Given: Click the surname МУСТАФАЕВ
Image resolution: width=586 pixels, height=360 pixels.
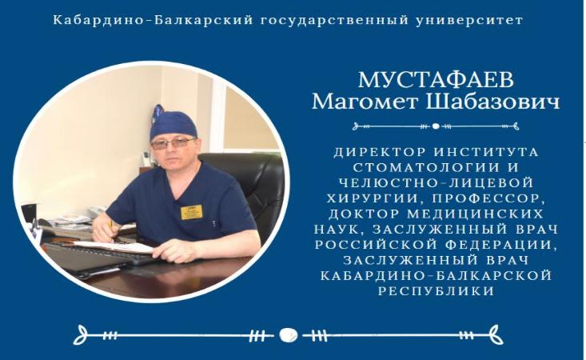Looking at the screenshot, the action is [x=436, y=80].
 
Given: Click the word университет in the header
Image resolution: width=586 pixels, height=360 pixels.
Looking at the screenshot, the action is [x=469, y=20].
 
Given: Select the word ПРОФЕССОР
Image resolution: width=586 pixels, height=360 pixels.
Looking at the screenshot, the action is [x=488, y=198].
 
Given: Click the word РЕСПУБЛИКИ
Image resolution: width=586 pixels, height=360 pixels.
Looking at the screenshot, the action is [x=437, y=291].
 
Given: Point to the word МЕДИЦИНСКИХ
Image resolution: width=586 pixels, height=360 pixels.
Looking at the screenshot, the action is [x=474, y=214].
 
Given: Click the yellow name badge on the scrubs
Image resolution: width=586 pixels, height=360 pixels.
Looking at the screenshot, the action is [x=192, y=212].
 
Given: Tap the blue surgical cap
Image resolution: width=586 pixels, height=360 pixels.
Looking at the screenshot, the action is [x=173, y=123].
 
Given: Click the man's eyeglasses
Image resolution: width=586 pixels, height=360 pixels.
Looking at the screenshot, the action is [x=173, y=143].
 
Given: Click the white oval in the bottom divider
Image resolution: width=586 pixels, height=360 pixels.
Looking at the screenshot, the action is [x=289, y=335].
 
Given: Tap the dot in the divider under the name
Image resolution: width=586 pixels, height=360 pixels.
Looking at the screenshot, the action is [x=436, y=126].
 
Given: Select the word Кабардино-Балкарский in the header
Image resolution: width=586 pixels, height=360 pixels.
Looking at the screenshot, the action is [x=153, y=20].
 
